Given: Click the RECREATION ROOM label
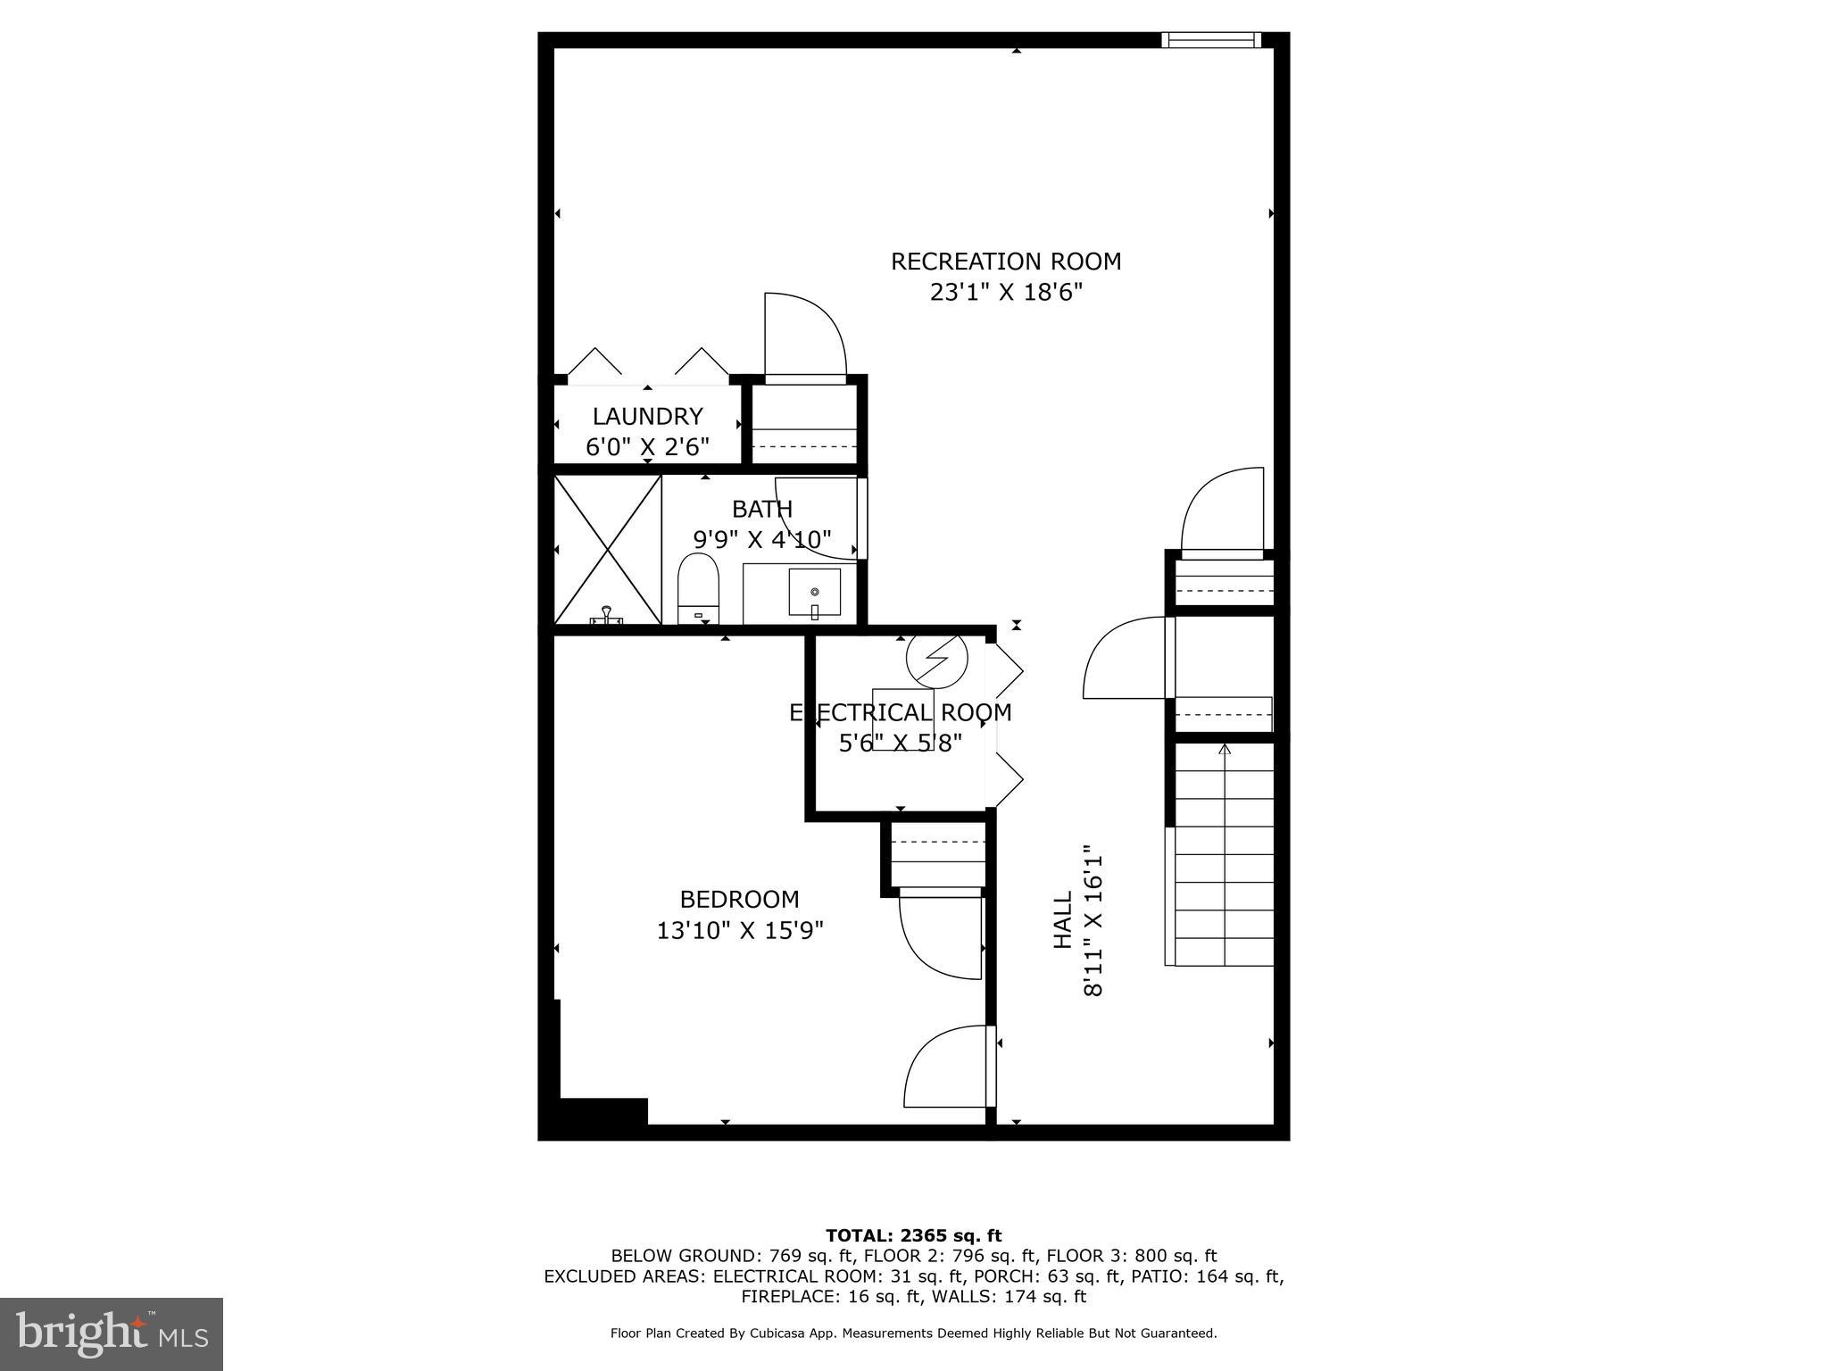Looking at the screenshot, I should (x=1006, y=262).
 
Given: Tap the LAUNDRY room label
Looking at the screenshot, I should (x=647, y=416).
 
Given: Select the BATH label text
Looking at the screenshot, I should (x=762, y=509).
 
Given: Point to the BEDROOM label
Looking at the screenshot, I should (x=739, y=899).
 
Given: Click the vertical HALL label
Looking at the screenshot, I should (x=1063, y=920).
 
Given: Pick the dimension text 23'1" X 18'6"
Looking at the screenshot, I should (x=1006, y=293).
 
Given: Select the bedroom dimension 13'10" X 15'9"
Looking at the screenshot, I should (x=739, y=931).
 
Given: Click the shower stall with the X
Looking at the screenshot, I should (x=608, y=549).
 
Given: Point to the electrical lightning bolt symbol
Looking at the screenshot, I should (x=936, y=659).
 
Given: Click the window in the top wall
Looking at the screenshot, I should (x=1211, y=39).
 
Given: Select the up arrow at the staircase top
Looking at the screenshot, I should (x=1225, y=750).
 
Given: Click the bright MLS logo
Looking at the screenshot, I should (x=112, y=1334).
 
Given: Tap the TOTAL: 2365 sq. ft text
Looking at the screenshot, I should (x=913, y=1236).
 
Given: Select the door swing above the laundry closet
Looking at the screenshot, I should (x=803, y=335).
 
